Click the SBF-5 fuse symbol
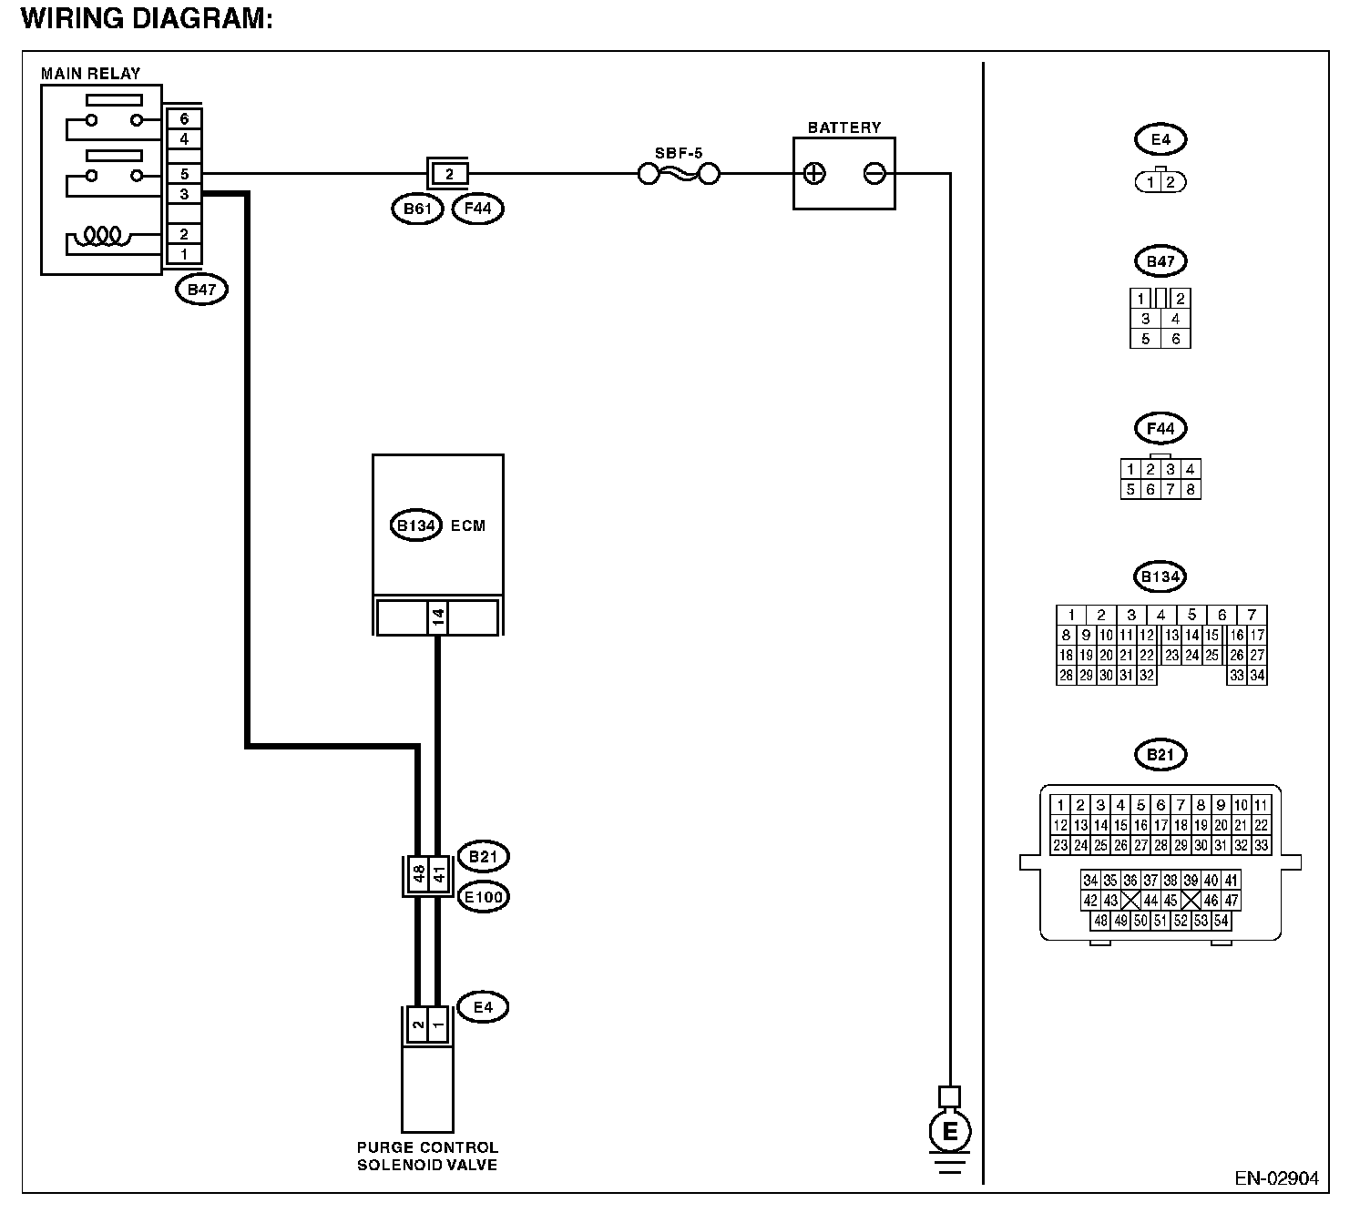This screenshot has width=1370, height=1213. tap(679, 175)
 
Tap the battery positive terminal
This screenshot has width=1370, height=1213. tap(814, 174)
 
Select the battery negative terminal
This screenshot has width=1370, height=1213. tap(874, 174)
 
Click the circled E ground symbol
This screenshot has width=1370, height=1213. tap(949, 1131)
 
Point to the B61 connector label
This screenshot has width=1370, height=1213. tap(417, 209)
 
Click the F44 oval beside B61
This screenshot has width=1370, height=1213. tap(477, 209)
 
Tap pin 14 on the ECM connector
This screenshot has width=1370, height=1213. tap(437, 617)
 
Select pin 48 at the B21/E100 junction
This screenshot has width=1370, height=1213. tap(419, 874)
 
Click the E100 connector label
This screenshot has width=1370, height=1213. tap(484, 897)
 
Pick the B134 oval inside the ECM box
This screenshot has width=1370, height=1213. tap(416, 525)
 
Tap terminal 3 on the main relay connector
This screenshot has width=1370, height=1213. tap(184, 195)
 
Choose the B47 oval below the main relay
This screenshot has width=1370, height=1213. tap(201, 290)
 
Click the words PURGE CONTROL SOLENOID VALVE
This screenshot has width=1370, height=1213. tap(427, 1157)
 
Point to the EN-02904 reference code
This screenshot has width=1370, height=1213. tap(1276, 1178)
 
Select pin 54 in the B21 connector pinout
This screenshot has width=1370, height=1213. tap(1221, 921)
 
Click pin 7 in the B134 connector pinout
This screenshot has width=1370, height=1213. tap(1252, 615)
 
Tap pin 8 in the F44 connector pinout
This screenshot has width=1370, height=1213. tap(1191, 489)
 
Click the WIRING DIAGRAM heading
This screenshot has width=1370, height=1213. tap(147, 19)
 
